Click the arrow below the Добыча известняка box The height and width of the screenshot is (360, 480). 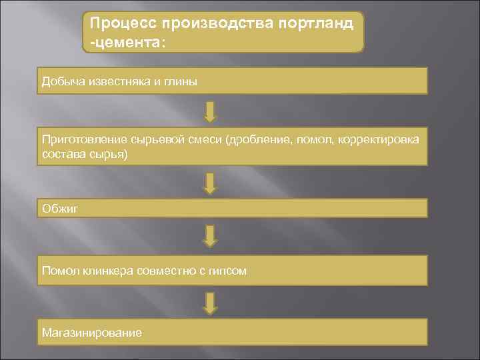pyautogui.click(x=210, y=111)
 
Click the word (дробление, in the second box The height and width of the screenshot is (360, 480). pyautogui.click(x=259, y=141)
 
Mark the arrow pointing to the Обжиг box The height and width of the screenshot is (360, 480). pyautogui.click(x=210, y=183)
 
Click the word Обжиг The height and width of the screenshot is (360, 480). pyautogui.click(x=59, y=209)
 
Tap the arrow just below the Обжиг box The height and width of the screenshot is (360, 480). pyautogui.click(x=210, y=235)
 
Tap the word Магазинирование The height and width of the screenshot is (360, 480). pyautogui.click(x=91, y=331)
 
